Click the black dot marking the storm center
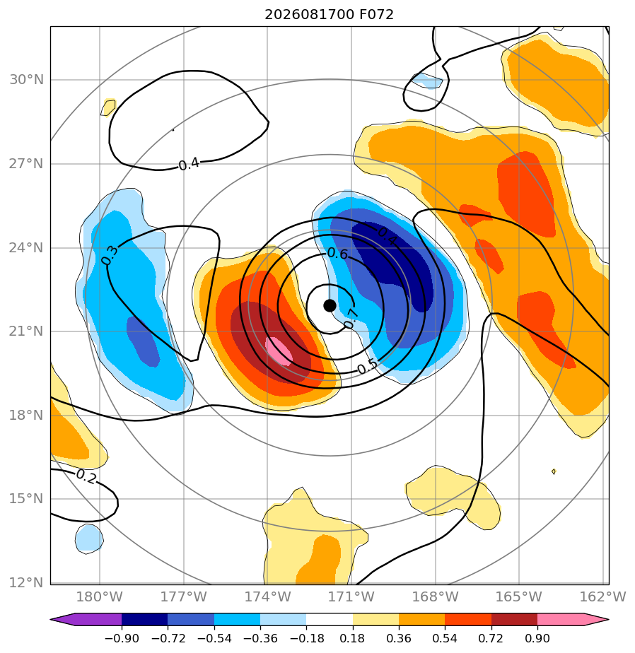(330, 306)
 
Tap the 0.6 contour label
(337, 253)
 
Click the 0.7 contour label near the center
(351, 319)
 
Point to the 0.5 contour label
(368, 367)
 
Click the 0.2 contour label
(86, 477)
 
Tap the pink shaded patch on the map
(279, 351)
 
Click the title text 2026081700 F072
(329, 15)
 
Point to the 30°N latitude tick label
(26, 80)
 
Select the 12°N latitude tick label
(26, 582)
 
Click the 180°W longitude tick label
(100, 596)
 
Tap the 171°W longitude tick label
(351, 596)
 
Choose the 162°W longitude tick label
(603, 596)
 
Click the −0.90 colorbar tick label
(122, 638)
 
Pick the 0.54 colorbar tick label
(445, 638)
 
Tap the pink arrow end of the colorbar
(571, 619)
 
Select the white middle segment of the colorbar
(330, 619)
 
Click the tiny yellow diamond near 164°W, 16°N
(554, 471)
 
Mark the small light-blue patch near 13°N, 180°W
(89, 539)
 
